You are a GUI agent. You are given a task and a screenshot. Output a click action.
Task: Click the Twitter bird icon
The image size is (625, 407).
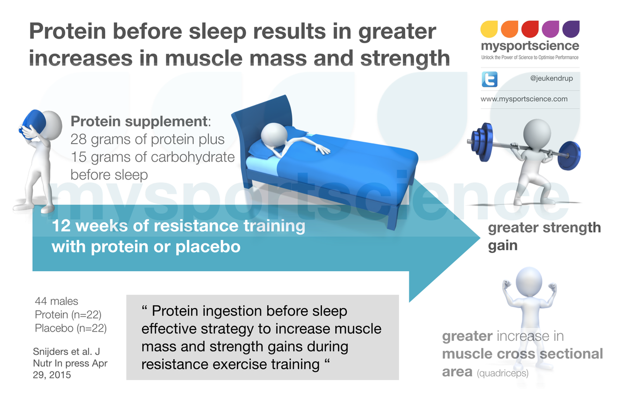click(x=490, y=79)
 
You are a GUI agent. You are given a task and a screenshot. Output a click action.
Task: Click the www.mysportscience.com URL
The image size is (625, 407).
click(x=523, y=98)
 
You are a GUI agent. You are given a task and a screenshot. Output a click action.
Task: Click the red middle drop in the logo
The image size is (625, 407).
click(x=530, y=30)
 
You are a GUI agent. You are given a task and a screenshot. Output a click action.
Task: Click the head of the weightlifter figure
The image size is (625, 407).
click(x=536, y=132)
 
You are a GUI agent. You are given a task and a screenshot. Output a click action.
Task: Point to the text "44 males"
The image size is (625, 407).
click(x=56, y=301)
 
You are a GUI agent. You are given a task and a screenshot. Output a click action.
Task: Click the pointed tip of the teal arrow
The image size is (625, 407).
click(x=478, y=239)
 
